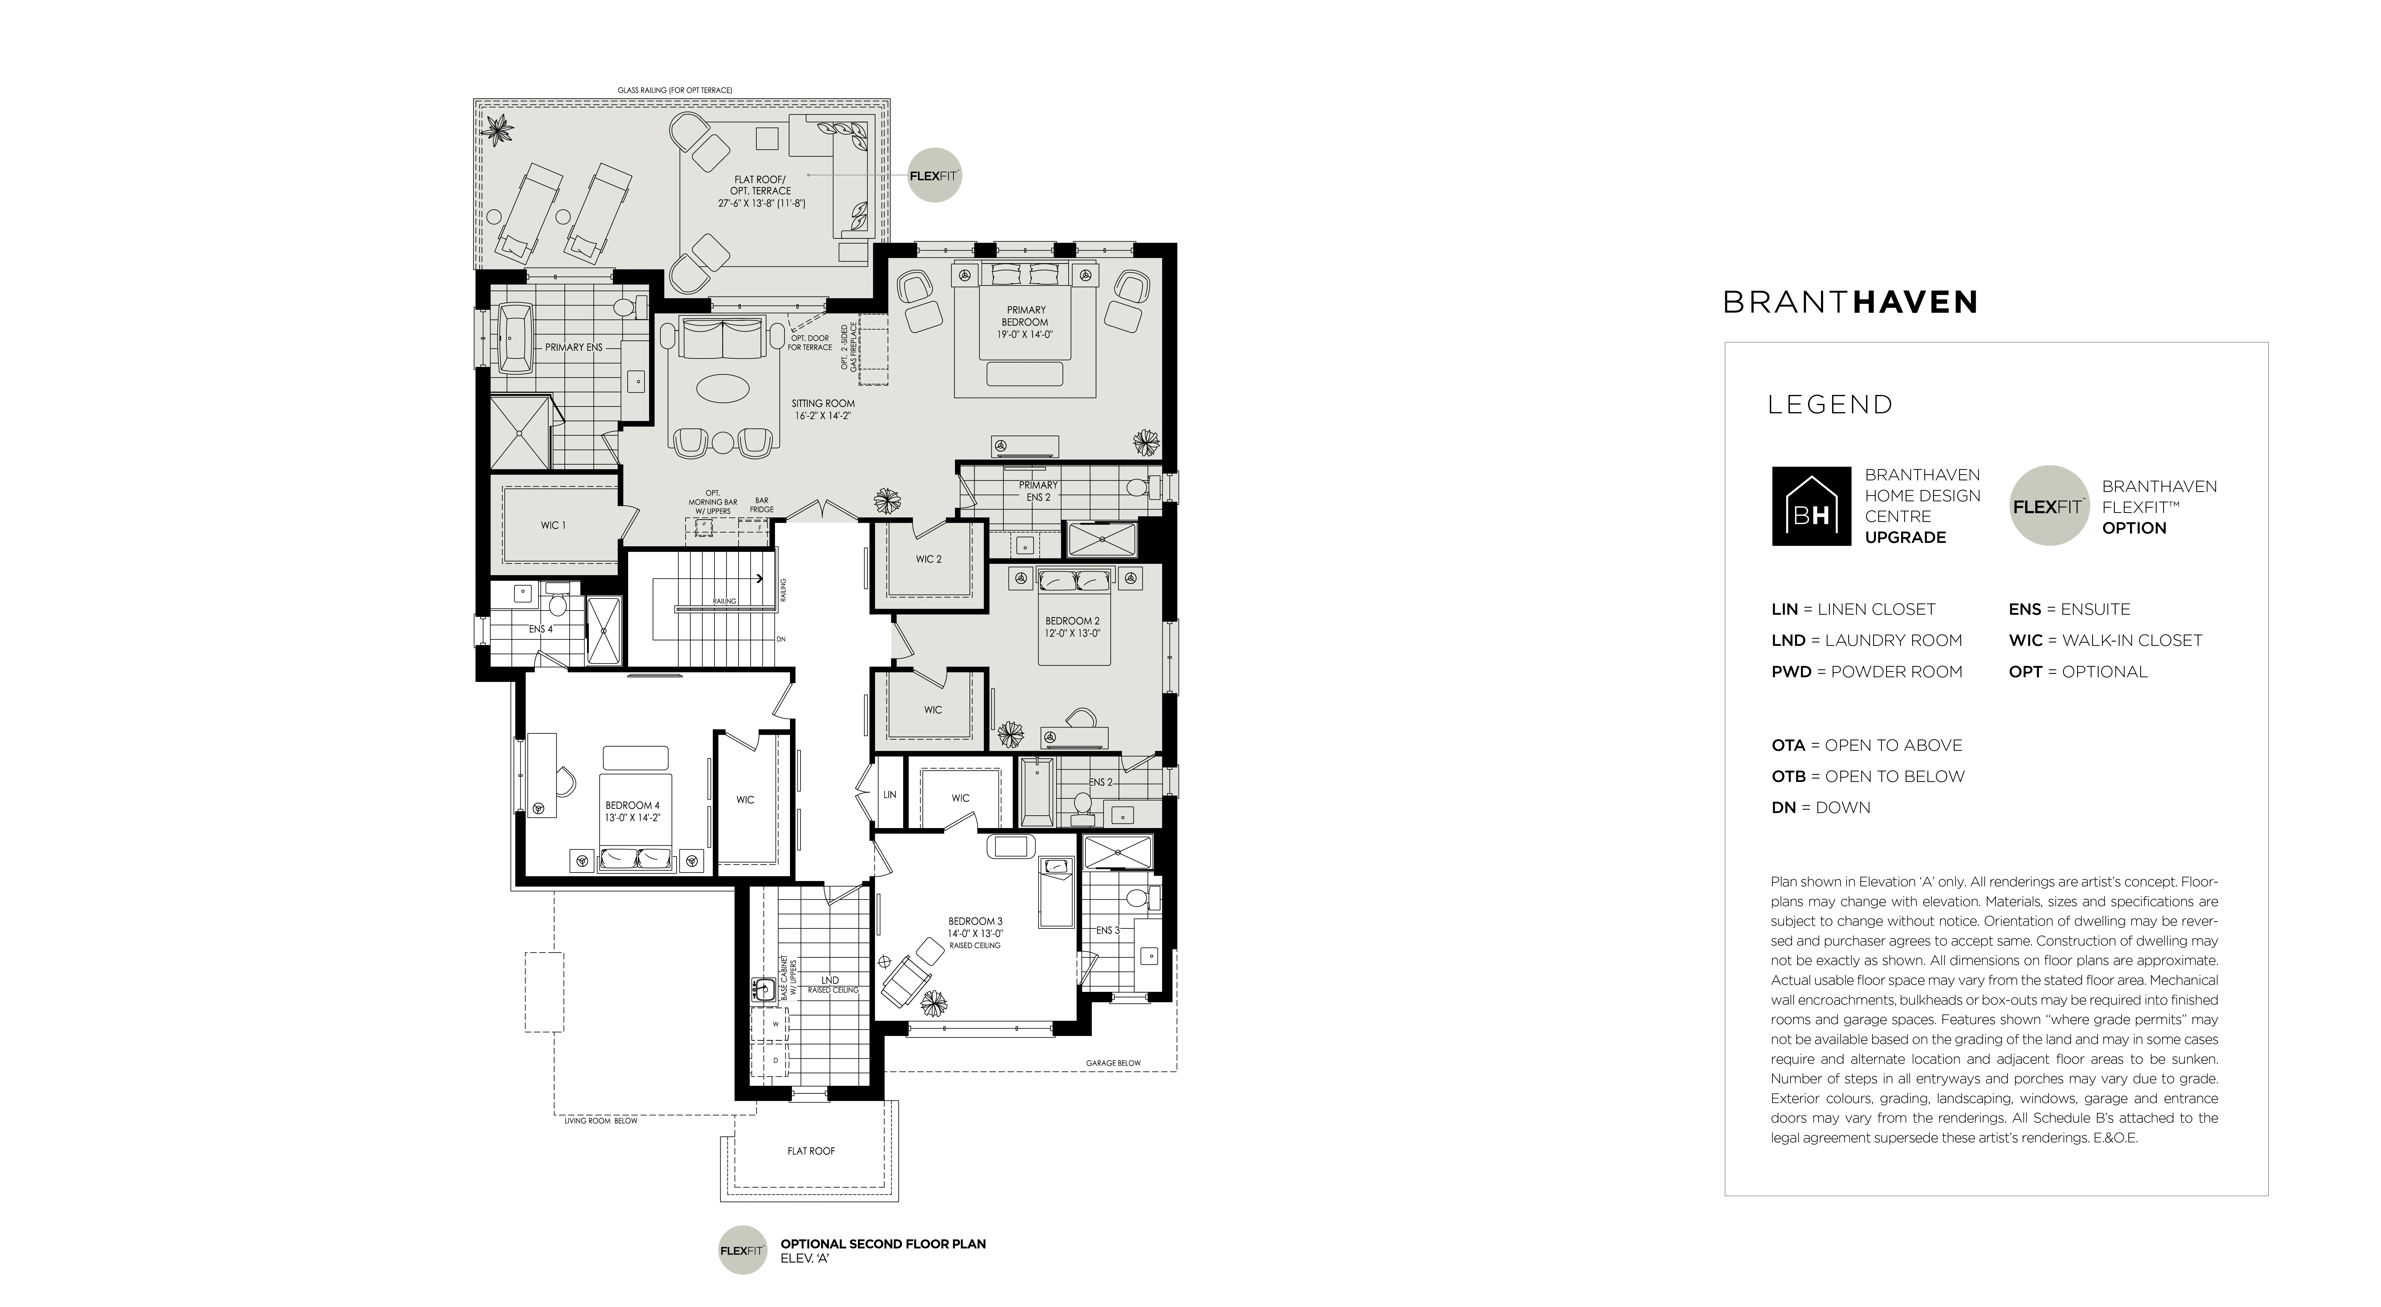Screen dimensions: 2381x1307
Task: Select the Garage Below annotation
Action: [x=1113, y=1063]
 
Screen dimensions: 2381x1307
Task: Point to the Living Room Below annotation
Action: [x=601, y=1121]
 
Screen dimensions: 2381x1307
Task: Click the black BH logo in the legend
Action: [x=1811, y=506]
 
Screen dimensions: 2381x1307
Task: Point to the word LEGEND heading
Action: [x=1830, y=405]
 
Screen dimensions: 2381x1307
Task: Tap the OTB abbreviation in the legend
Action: [x=1789, y=777]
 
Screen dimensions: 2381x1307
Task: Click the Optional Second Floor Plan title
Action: [x=883, y=1244]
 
